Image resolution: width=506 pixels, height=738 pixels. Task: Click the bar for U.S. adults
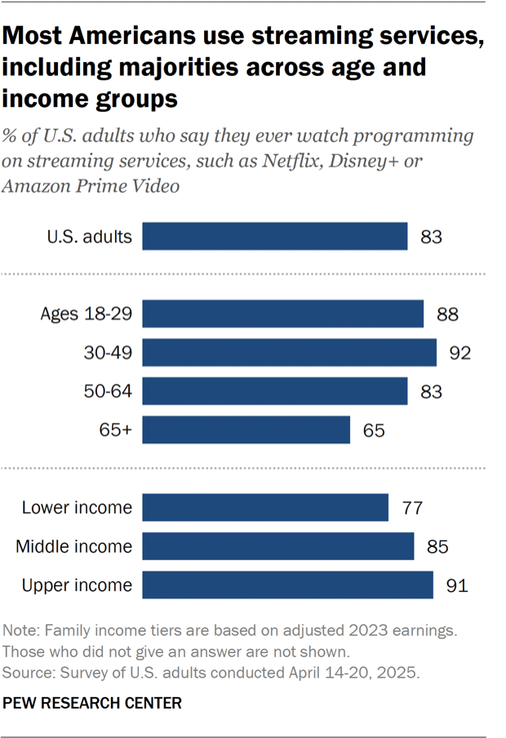click(x=275, y=237)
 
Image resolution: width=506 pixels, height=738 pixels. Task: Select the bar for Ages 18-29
click(x=283, y=314)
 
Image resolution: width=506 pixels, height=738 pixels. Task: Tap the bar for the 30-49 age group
click(x=290, y=353)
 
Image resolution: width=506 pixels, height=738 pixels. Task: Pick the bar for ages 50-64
click(x=275, y=391)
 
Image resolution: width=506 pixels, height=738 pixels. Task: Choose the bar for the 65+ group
click(x=246, y=429)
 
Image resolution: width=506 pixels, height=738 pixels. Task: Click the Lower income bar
click(x=265, y=507)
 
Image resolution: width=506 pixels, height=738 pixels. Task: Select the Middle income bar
click(x=278, y=546)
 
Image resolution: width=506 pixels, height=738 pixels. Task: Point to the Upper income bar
click(x=288, y=585)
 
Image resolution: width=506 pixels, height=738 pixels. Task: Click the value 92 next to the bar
click(x=461, y=353)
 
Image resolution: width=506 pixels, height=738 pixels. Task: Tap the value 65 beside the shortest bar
click(x=375, y=429)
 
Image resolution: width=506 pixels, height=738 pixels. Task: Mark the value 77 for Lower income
click(x=413, y=507)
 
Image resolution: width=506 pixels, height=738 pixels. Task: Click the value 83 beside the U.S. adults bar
click(x=432, y=237)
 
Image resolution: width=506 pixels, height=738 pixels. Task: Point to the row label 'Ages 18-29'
click(x=86, y=314)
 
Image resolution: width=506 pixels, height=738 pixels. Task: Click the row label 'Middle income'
click(x=73, y=546)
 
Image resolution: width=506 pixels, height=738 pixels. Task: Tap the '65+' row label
click(x=114, y=429)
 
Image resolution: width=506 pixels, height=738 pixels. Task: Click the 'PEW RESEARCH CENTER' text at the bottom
click(x=92, y=702)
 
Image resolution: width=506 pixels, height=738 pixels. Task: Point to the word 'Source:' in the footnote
click(x=28, y=673)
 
